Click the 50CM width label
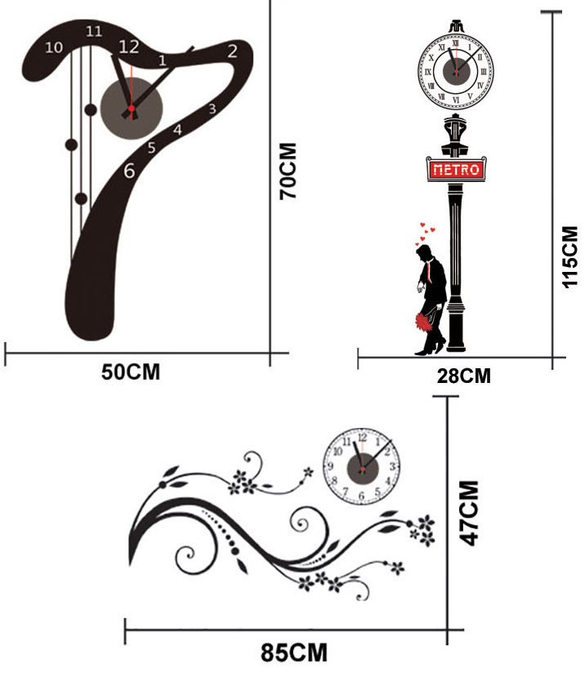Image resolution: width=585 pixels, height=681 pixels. click(131, 372)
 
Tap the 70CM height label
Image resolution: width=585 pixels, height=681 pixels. click(288, 172)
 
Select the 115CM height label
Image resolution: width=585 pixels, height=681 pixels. click(569, 256)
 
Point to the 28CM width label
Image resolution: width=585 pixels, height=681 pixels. click(462, 376)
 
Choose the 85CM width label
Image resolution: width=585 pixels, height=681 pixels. click(294, 653)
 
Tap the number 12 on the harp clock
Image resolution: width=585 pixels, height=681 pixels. click(128, 47)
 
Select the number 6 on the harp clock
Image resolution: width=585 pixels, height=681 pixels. click(129, 171)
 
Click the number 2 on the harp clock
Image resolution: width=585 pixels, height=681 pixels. click(232, 51)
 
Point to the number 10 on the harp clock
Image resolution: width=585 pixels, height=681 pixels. click(54, 47)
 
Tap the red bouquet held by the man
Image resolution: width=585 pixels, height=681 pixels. click(424, 322)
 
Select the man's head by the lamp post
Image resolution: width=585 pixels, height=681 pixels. click(424, 254)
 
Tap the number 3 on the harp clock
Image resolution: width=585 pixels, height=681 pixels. click(212, 108)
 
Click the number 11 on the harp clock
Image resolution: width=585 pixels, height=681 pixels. click(94, 32)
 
